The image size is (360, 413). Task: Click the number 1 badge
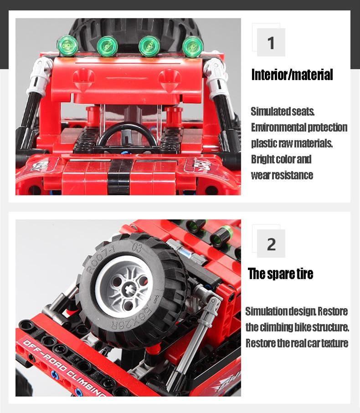271,43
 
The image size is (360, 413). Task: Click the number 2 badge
271,244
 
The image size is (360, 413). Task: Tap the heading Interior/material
292,75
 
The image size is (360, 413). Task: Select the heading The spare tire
281,274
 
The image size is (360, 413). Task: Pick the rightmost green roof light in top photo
191,45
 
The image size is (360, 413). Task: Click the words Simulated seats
283,111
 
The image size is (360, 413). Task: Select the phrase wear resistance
282,175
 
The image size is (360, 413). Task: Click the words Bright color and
281,159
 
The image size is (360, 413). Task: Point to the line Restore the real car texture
297,343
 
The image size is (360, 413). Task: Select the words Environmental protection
299,127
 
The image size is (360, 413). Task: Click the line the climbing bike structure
297,327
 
